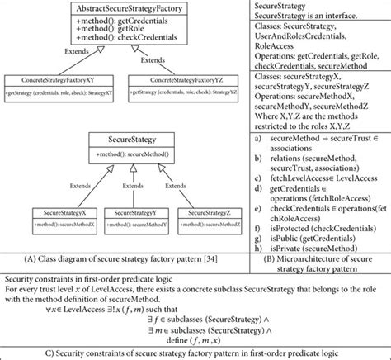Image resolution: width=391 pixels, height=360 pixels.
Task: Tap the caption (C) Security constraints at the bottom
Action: pos(195,352)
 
